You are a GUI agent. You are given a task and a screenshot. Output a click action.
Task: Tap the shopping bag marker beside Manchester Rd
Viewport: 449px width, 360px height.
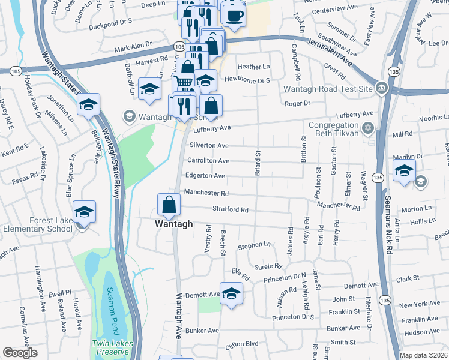[169, 205]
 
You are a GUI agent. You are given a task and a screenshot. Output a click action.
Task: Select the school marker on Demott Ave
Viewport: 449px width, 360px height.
[231, 294]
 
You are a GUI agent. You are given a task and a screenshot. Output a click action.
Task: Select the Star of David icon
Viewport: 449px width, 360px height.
[367, 128]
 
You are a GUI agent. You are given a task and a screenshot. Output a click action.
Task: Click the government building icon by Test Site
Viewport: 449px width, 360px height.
[381, 89]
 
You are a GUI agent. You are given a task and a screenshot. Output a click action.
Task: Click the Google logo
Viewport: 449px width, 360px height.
[20, 353]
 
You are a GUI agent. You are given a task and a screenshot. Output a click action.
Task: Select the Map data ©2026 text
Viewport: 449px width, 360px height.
[424, 356]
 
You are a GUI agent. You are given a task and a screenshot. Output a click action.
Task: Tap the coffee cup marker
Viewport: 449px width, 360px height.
[234, 15]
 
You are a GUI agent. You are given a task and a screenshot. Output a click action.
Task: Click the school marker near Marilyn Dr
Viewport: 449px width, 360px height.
[405, 170]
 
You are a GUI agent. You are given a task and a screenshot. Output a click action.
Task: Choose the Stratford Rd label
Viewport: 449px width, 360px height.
[231, 210]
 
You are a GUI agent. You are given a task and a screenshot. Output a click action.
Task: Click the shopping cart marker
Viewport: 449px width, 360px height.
[184, 82]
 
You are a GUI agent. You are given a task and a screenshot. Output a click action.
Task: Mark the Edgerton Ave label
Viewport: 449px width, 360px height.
[206, 176]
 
